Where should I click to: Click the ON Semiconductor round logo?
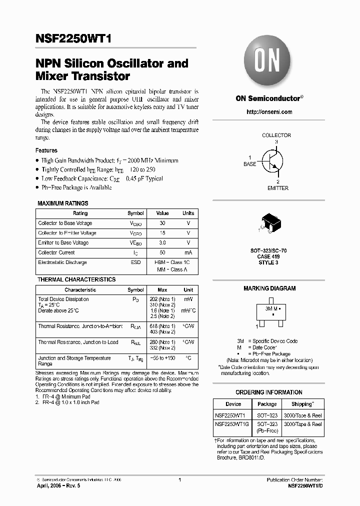click(269, 62)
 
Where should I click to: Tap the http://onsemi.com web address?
click(269, 112)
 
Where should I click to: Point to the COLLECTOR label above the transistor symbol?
click(276, 135)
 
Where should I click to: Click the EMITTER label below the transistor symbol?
click(277, 188)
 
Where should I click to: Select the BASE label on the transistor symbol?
click(249, 164)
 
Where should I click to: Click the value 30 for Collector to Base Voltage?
click(162, 223)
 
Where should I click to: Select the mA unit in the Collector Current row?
click(188, 252)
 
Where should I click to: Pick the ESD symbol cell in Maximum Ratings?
click(135, 262)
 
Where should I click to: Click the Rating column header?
click(80, 213)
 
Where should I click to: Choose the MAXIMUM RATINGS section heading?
click(63, 203)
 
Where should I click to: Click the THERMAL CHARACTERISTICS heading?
click(76, 279)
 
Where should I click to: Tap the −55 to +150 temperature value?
click(162, 358)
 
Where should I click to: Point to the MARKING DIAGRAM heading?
click(269, 288)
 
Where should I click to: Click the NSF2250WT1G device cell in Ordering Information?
click(233, 424)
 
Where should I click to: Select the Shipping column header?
click(302, 404)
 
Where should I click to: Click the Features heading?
click(46, 150)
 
